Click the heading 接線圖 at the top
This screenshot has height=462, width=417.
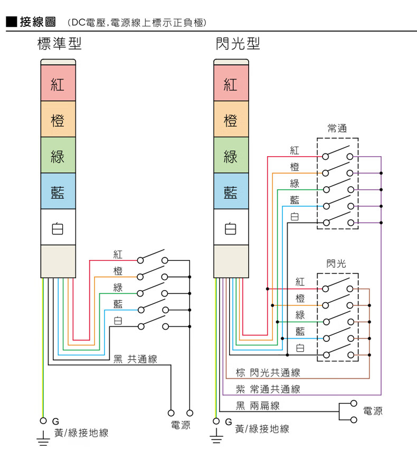point(37,22)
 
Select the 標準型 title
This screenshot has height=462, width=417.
point(59,43)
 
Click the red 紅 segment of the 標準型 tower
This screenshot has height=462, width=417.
point(58,83)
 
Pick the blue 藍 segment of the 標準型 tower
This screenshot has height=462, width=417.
point(58,191)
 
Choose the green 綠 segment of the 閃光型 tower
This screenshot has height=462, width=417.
point(231,156)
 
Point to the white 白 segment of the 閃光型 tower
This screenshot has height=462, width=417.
point(231,228)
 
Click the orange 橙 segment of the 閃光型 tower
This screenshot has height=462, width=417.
point(231,120)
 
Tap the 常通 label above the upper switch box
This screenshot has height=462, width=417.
point(337,128)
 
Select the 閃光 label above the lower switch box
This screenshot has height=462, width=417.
point(337,263)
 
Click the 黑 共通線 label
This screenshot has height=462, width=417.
point(135,359)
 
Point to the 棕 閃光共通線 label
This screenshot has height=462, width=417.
point(268,373)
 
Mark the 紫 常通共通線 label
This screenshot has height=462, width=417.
point(268,389)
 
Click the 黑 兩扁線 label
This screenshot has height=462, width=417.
point(258,406)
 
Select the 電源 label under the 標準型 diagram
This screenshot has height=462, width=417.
point(180,425)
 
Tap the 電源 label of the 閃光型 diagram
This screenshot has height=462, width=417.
point(373,411)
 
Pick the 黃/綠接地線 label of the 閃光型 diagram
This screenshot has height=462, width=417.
point(262,429)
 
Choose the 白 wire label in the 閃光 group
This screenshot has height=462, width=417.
point(300,348)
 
